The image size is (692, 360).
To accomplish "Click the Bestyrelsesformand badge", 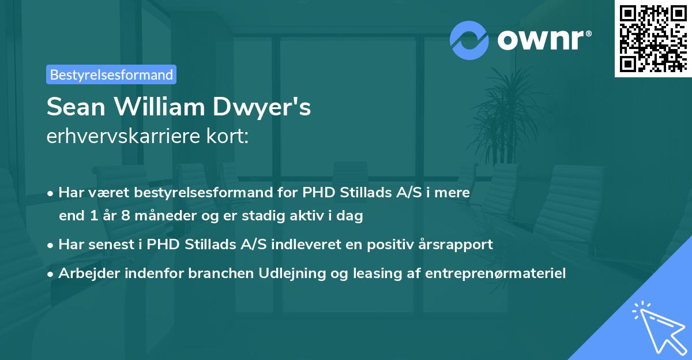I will coord(111,74).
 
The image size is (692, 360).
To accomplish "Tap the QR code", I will coord(653,38).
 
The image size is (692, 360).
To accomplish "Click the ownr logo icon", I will coord(470,40).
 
